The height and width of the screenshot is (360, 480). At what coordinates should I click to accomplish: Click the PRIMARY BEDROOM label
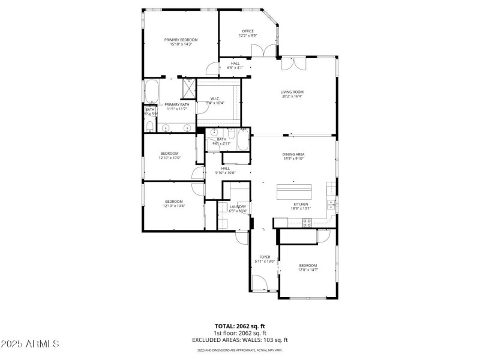[x=181, y=40]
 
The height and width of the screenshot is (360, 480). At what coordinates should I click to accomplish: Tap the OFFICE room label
[x=248, y=31]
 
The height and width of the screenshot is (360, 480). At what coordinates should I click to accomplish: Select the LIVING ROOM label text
[x=292, y=92]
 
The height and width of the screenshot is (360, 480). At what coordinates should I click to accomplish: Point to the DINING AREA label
[x=293, y=154]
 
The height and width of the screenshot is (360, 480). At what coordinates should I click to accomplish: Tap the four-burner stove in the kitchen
[x=307, y=222]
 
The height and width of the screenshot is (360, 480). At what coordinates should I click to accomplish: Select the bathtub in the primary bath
[x=151, y=92]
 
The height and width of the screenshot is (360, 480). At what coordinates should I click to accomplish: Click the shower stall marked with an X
[x=188, y=89]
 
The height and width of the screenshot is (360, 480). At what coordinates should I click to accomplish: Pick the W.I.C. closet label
[x=215, y=98]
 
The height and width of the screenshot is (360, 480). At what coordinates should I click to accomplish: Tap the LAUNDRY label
[x=238, y=206]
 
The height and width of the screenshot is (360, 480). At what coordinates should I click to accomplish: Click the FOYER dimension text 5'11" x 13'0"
[x=265, y=261]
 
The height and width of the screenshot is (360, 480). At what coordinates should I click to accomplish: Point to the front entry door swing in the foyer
[x=260, y=283]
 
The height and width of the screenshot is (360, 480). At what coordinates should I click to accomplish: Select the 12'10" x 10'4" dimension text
[x=173, y=206]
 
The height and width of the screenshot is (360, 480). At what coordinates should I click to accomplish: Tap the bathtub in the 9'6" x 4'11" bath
[x=243, y=142]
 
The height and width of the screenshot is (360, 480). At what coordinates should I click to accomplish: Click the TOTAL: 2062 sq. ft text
[x=239, y=326]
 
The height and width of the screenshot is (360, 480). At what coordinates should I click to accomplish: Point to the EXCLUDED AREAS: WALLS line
[x=239, y=340]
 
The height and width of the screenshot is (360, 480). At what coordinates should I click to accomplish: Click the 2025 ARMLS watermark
[x=29, y=344]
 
